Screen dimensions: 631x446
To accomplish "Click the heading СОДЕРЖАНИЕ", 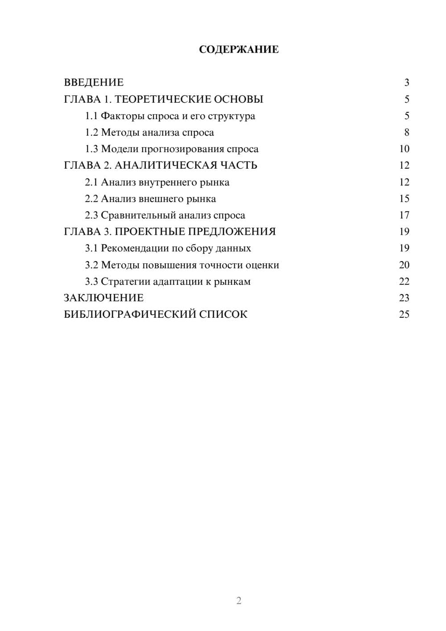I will click(x=239, y=50).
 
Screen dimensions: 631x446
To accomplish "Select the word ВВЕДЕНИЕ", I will click(x=94, y=83).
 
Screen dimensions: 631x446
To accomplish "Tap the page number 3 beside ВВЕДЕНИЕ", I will click(x=407, y=83).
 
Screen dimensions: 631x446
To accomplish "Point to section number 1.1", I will click(x=91, y=116).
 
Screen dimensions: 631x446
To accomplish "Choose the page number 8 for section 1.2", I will click(x=407, y=133).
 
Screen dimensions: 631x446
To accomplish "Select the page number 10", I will click(x=404, y=149).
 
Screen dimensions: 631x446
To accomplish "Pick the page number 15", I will click(x=404, y=199).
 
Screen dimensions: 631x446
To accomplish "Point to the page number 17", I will click(x=404, y=215).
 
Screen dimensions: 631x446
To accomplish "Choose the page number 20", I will click(x=404, y=265).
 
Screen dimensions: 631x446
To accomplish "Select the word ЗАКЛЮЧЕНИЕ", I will click(x=103, y=298).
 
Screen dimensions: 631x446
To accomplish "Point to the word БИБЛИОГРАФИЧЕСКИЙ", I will click(x=130, y=314).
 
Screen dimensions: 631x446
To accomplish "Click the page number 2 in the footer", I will click(x=239, y=601).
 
